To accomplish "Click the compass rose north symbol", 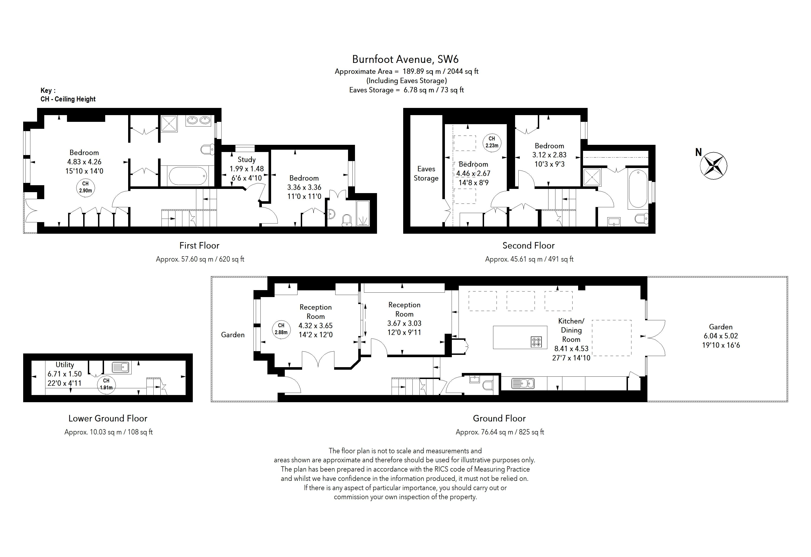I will (714, 166).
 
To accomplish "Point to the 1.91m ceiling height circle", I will (106, 384).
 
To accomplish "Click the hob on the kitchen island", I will (536, 342).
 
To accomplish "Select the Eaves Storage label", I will (426, 174).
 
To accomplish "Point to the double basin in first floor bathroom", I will (198, 121).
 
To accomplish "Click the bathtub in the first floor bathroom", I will (187, 176).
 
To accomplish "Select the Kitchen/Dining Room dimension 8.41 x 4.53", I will (571, 349).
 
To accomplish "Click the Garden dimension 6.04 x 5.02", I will (721, 336).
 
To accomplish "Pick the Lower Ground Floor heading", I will (108, 418).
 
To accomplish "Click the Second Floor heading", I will (528, 246).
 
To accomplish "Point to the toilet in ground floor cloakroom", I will (488, 385).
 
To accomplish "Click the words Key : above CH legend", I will (48, 91).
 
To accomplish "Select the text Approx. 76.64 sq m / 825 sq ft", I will (500, 432).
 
